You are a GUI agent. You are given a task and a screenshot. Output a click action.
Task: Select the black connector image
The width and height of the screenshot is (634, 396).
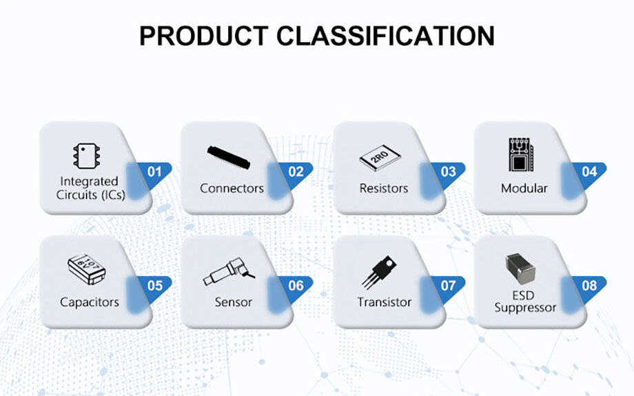(x=228, y=157)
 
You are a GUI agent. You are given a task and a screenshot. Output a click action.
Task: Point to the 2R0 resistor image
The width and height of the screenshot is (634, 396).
(x=379, y=160)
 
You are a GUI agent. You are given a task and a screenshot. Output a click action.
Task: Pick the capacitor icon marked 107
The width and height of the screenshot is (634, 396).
(x=86, y=270)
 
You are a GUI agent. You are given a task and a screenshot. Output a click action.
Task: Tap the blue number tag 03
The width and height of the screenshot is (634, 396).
(x=448, y=172)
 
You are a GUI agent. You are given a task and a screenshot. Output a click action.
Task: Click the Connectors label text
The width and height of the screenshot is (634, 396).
(x=232, y=188)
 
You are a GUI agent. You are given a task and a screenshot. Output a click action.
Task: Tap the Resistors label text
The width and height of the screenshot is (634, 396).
(x=383, y=188)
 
